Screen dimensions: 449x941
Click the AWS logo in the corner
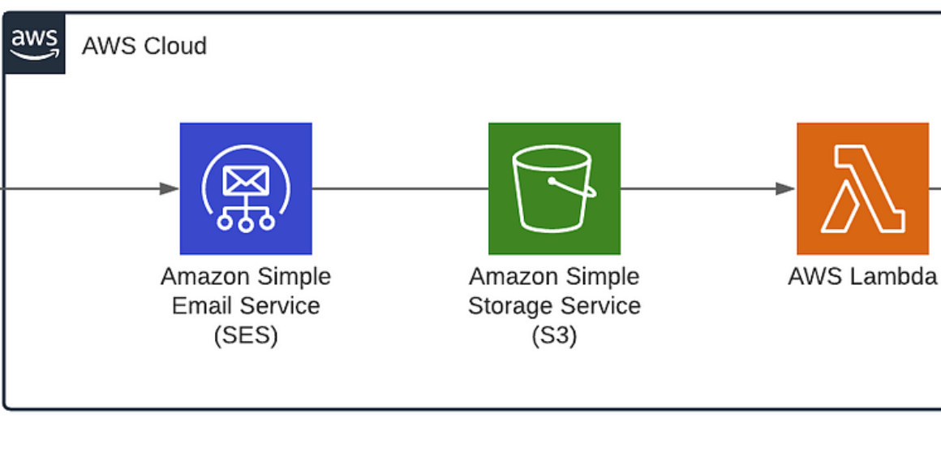coord(34,45)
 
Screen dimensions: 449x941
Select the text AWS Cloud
coord(144,45)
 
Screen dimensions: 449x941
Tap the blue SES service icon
coord(246,188)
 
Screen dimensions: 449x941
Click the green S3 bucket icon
coord(554,188)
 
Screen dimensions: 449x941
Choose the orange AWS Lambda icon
coord(862,188)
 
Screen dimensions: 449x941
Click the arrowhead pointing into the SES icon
coord(169,188)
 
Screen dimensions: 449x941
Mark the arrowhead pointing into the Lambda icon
coord(784,188)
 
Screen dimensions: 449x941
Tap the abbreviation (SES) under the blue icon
coord(246,335)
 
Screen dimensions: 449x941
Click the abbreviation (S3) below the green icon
coord(554,335)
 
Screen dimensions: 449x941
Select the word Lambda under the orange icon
coord(897,277)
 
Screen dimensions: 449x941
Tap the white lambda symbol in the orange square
coord(862,188)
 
